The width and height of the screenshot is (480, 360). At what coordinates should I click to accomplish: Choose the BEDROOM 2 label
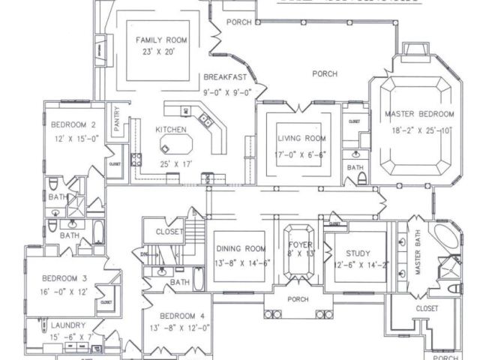[72, 125]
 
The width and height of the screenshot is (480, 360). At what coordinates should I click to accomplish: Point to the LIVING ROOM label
[301, 139]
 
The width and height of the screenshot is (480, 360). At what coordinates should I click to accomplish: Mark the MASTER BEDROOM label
[419, 114]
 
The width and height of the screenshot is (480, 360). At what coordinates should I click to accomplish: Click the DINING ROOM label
[241, 249]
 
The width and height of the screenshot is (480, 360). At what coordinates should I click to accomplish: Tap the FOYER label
[300, 244]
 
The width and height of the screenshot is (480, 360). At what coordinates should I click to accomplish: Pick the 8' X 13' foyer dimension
[300, 255]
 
